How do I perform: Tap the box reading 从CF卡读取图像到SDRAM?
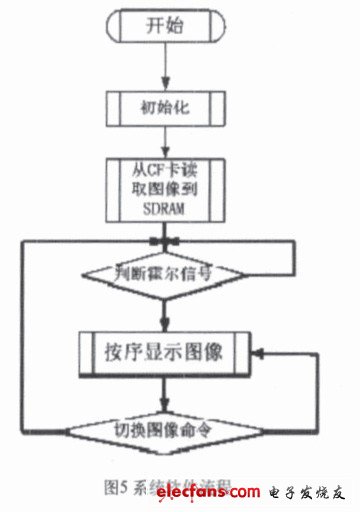tap(163, 189)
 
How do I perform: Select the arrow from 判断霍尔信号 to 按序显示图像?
tap(162, 312)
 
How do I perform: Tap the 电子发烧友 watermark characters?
tap(309, 493)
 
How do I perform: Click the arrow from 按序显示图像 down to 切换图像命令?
tap(162, 393)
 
